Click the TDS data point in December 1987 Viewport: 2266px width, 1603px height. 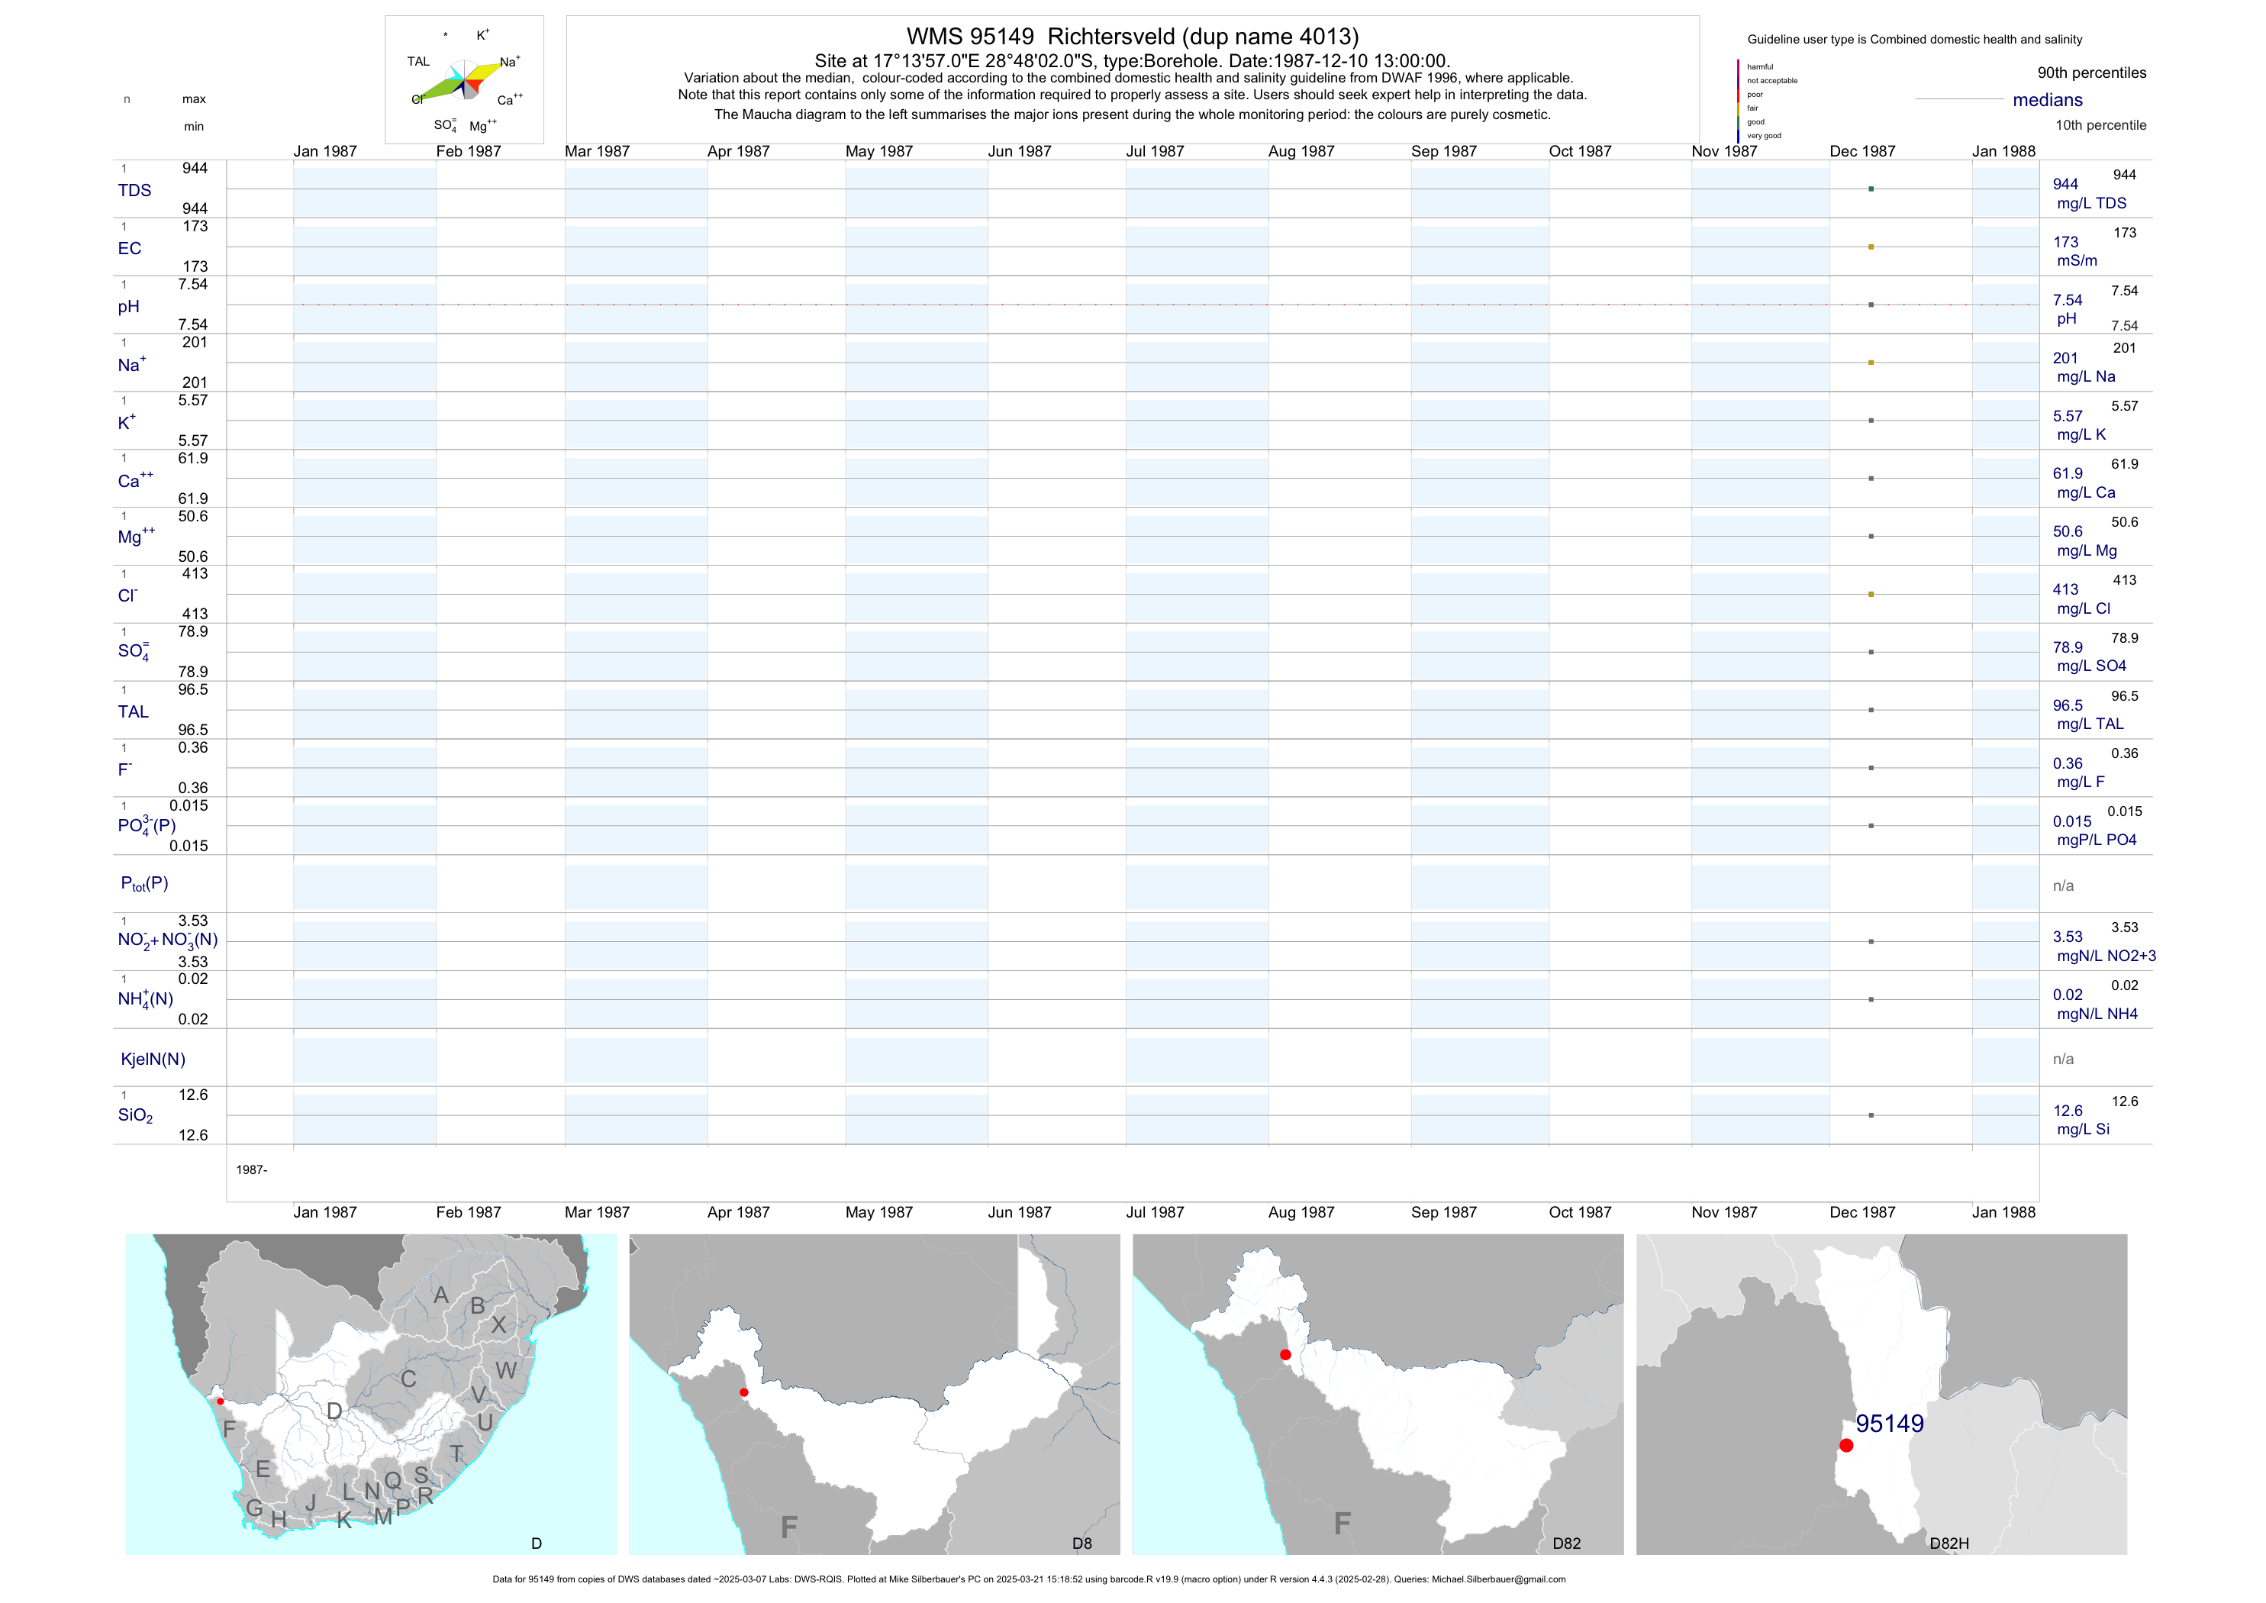pyautogui.click(x=1870, y=189)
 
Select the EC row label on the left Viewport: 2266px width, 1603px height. pyautogui.click(x=129, y=249)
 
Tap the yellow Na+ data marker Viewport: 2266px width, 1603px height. pyautogui.click(x=1870, y=363)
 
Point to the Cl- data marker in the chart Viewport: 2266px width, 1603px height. pyautogui.click(x=1870, y=594)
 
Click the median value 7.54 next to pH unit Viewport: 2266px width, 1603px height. pyautogui.click(x=2067, y=300)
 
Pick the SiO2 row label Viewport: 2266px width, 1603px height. pyautogui.click(x=135, y=1115)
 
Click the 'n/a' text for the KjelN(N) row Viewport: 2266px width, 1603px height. pyautogui.click(x=2063, y=1060)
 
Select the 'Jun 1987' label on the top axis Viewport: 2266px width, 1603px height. pyautogui.click(x=1020, y=151)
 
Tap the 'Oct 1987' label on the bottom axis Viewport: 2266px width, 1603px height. pyautogui.click(x=1579, y=1212)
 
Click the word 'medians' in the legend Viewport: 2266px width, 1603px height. pyautogui.click(x=2047, y=100)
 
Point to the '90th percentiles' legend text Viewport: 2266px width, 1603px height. pyautogui.click(x=2091, y=73)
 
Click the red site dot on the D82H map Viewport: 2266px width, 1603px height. pyautogui.click(x=1845, y=1445)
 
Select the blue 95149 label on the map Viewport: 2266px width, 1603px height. pyautogui.click(x=1889, y=1424)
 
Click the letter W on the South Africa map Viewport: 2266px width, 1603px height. pyautogui.click(x=505, y=1370)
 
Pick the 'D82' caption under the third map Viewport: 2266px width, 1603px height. pyautogui.click(x=1566, y=1543)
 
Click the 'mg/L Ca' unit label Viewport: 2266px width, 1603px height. pyautogui.click(x=2085, y=492)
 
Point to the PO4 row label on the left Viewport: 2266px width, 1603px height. pyautogui.click(x=146, y=825)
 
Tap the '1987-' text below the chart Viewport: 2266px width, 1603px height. pyautogui.click(x=252, y=1169)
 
